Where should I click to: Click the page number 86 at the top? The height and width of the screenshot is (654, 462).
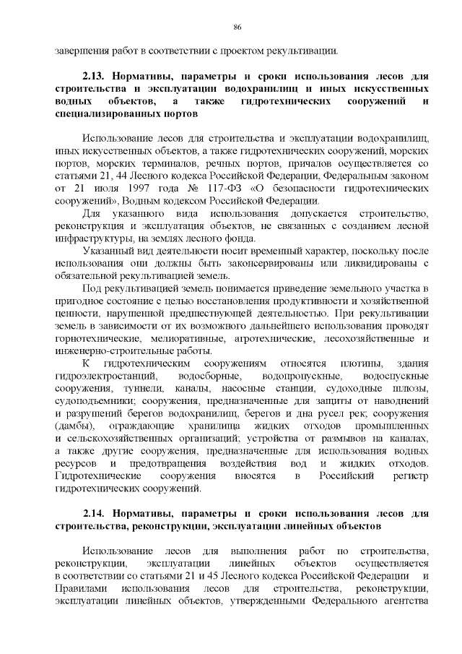click(237, 27)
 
